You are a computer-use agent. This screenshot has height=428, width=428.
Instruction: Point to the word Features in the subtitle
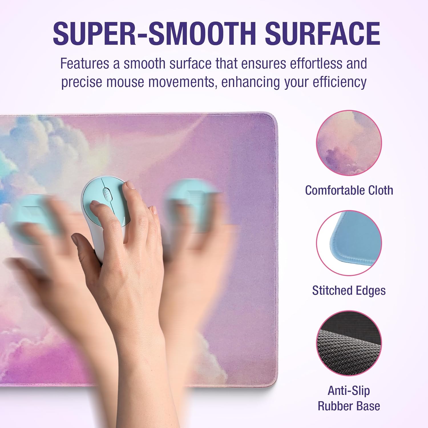pyautogui.click(x=84, y=63)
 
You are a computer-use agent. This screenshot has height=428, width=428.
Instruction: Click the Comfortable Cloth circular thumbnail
pyautogui.click(x=349, y=143)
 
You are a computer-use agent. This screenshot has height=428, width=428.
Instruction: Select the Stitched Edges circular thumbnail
pyautogui.click(x=349, y=243)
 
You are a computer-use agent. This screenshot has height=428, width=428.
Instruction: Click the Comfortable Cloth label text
pyautogui.click(x=349, y=190)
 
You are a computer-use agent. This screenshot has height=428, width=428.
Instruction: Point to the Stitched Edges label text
pyautogui.click(x=349, y=290)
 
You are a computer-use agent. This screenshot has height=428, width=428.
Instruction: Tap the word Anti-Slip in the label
pyautogui.click(x=349, y=391)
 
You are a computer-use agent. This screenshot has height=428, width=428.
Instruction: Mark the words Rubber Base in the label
pyautogui.click(x=349, y=406)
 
